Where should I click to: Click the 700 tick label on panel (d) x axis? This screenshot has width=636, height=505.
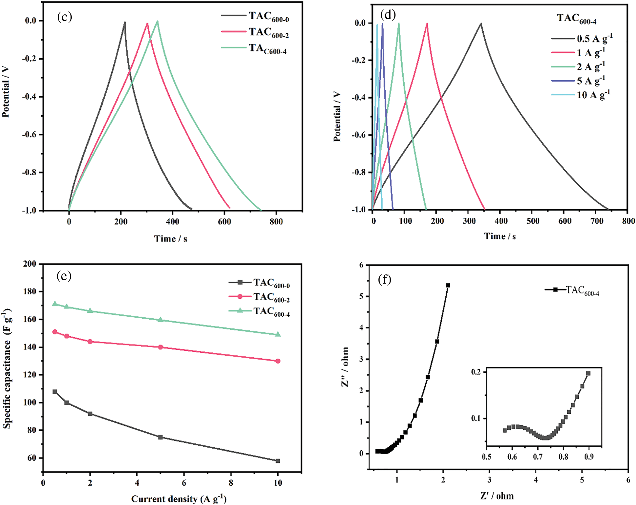click(x=597, y=221)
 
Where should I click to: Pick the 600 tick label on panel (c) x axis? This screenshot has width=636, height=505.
click(x=224, y=222)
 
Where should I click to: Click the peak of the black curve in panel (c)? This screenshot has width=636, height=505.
click(x=125, y=22)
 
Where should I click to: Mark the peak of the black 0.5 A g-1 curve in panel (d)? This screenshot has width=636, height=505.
click(x=481, y=23)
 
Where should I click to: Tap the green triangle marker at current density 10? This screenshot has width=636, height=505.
click(x=278, y=334)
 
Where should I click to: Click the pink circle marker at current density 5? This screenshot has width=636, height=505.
click(x=161, y=347)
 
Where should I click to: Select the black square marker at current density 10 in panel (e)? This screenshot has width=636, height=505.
click(x=278, y=461)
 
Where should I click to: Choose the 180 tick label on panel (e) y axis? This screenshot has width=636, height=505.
click(x=30, y=291)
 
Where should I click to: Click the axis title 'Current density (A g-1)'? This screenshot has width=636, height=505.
click(x=179, y=499)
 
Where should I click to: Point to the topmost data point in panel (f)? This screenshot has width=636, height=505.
click(x=448, y=285)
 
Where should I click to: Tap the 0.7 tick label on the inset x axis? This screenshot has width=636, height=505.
click(x=538, y=457)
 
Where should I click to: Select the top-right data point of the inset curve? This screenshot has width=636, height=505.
click(x=588, y=373)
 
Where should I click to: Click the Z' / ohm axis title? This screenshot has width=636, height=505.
click(x=497, y=496)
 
